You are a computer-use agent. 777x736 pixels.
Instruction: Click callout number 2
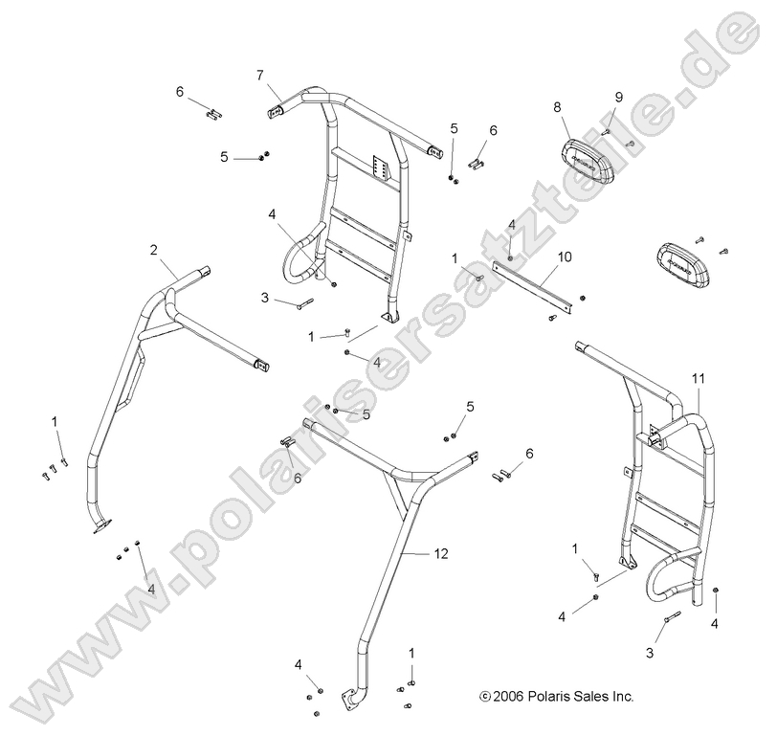pos(153,250)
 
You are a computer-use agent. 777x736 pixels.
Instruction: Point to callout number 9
pos(618,98)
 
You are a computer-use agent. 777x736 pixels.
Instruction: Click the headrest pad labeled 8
pos(585,155)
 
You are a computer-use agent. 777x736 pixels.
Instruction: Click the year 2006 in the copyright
pos(509,697)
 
